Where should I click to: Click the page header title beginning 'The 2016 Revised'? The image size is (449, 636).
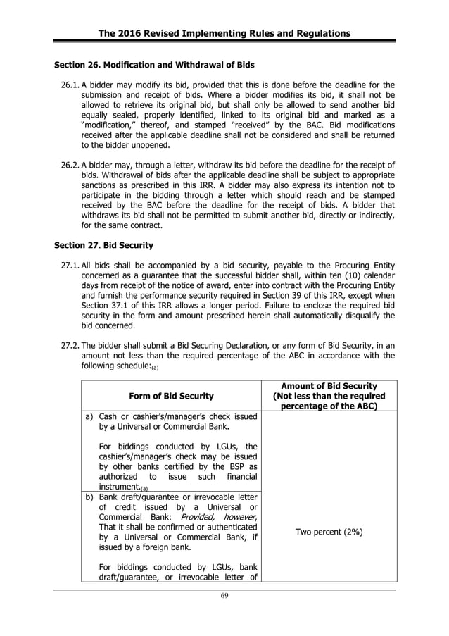point(224,34)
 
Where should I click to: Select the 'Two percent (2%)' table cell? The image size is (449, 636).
point(329,532)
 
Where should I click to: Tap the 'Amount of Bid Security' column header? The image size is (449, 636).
point(329,385)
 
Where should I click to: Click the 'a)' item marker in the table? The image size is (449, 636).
point(89,416)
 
